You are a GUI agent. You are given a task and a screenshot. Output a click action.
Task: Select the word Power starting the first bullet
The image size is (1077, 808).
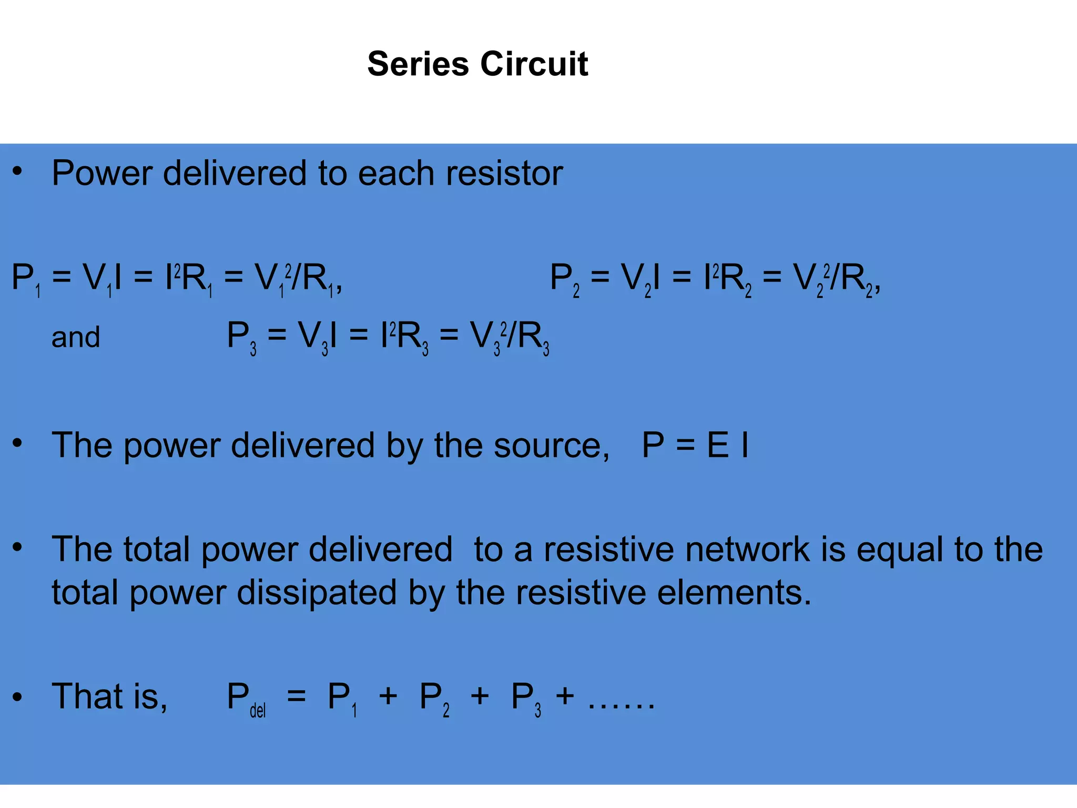103,173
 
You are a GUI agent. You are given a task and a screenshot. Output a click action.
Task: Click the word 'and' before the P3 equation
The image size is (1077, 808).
76,337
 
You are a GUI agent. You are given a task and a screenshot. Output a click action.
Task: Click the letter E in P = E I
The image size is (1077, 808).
718,445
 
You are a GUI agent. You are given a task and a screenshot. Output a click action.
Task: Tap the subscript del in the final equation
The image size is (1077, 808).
258,711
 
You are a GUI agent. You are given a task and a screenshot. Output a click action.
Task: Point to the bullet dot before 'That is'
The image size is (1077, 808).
17,697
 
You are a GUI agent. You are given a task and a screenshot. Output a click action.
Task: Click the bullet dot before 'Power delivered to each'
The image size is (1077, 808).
17,171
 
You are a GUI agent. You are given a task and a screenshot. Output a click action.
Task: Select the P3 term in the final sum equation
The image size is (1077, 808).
525,699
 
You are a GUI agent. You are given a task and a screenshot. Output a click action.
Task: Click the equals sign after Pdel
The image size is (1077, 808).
296,697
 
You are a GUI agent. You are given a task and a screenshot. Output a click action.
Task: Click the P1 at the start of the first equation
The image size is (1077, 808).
25,279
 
